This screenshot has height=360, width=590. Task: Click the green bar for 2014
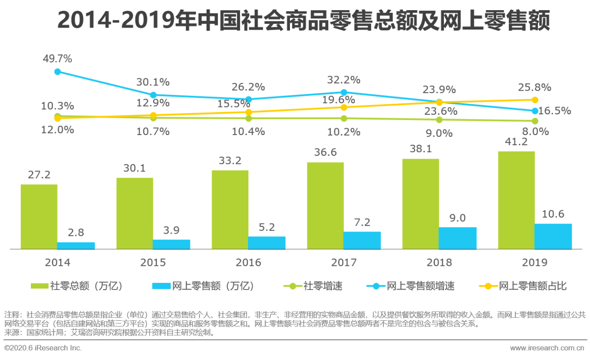[x=39, y=217]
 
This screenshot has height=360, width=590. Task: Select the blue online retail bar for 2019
[x=553, y=236]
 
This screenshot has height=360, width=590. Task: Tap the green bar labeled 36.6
[x=325, y=206]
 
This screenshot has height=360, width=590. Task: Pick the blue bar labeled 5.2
[x=266, y=243]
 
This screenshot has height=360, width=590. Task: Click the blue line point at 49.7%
[x=58, y=71]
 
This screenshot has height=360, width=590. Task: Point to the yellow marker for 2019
[x=535, y=100]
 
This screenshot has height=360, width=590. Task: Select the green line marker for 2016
[x=248, y=118]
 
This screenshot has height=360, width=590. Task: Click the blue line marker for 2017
[x=344, y=92]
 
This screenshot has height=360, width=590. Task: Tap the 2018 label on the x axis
[x=439, y=263]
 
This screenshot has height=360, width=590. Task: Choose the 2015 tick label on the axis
[x=153, y=263]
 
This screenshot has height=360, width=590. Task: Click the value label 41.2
[x=516, y=142]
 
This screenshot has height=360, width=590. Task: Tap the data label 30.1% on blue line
[x=153, y=83]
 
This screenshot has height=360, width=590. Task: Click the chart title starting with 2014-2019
[x=304, y=21]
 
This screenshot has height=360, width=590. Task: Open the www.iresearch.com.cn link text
[x=547, y=348]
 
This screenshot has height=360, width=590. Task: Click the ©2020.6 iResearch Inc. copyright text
[x=43, y=348]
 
